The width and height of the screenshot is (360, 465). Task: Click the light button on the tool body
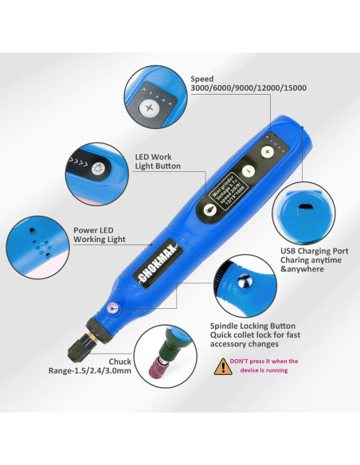[x=209, y=209]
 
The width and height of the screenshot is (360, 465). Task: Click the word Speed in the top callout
[x=202, y=79]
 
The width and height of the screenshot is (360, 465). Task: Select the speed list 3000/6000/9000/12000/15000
[x=248, y=88]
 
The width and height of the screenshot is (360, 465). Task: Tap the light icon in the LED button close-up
[x=98, y=170]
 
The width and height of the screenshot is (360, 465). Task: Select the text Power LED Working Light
[x=100, y=234]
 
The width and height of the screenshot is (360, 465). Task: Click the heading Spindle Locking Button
[x=252, y=326]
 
